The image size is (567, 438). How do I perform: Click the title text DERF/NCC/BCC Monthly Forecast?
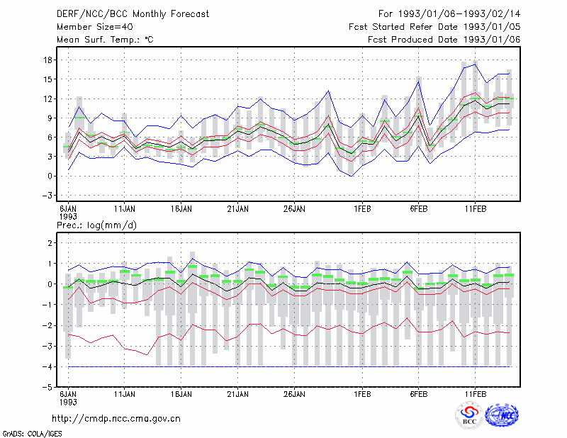pos(133,14)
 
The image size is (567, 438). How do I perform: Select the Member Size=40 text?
pos(95,27)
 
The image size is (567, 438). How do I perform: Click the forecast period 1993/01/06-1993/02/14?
pos(449,13)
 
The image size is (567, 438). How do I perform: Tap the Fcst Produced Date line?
pos(444,40)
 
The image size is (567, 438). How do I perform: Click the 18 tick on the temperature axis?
pos(47,60)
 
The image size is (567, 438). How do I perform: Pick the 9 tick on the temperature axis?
pos(50,118)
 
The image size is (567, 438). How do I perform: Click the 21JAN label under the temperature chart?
pos(237,209)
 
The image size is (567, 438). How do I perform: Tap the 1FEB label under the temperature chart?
pos(362,209)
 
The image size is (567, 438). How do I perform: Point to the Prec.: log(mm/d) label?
pos(96,225)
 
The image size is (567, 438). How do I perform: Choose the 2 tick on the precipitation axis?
pos(50,242)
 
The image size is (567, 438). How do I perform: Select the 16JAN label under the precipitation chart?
pos(181,394)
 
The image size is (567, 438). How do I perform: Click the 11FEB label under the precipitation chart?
pos(475,394)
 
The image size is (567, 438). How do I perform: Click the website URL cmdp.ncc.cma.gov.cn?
pos(116,419)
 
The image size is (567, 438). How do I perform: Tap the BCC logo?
pos(469,416)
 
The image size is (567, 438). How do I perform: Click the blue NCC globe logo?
pos(502,415)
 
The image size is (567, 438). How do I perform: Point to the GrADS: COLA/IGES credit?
pos(33,434)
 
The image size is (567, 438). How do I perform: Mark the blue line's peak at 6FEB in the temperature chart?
pos(418,82)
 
